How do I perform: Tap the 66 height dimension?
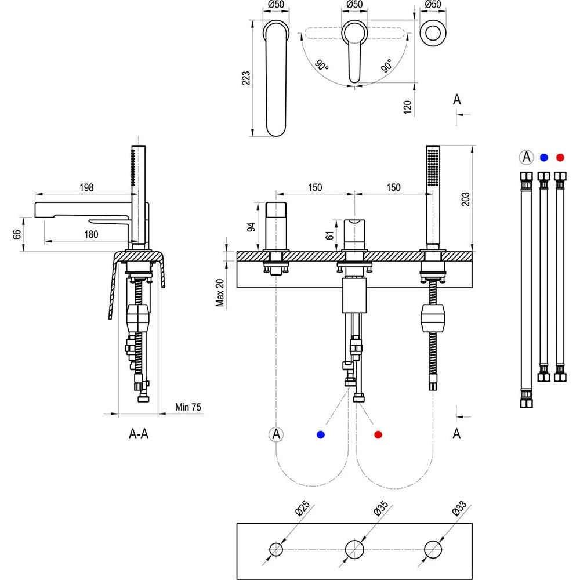click(x=17, y=234)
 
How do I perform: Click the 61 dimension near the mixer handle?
click(x=329, y=235)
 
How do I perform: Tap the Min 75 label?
click(x=188, y=407)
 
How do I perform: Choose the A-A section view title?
click(x=139, y=434)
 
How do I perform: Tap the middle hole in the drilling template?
click(x=354, y=549)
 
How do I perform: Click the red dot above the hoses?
click(x=559, y=157)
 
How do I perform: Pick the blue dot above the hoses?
click(x=543, y=157)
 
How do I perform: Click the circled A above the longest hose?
click(x=525, y=157)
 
